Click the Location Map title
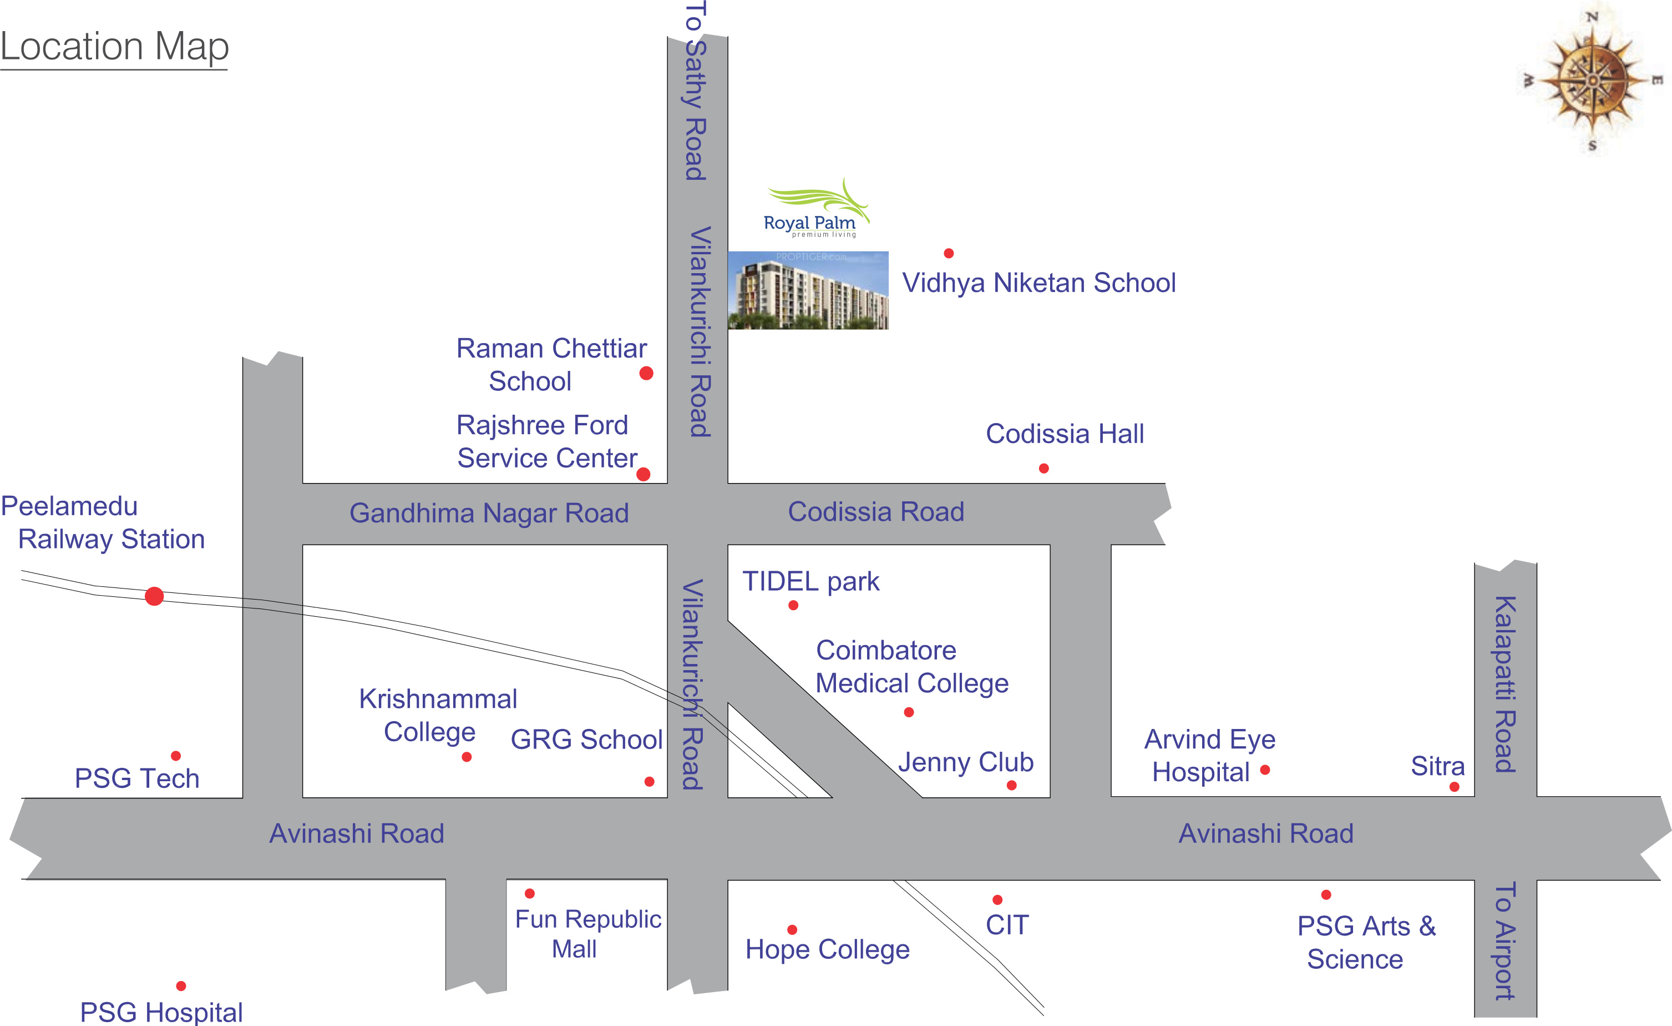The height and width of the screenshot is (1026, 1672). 114,48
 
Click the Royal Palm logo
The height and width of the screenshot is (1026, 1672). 814,208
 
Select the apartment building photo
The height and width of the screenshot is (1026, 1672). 808,290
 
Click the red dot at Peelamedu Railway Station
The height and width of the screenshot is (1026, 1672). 154,596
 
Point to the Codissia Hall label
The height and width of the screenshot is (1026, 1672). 1065,434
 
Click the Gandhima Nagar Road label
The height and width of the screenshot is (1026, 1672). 489,514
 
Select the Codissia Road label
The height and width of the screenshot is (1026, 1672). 876,512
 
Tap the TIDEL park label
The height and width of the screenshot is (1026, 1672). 811,582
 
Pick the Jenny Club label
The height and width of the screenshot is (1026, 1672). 966,762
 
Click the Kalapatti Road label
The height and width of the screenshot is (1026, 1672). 1506,685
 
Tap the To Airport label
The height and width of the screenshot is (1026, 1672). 1505,941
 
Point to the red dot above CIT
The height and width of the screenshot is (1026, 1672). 997,900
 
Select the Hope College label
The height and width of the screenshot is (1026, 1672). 827,950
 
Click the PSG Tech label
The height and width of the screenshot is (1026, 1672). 137,779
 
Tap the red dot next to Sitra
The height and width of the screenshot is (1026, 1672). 1454,787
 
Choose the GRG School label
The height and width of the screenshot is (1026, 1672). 586,740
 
